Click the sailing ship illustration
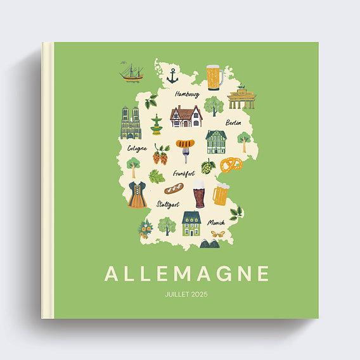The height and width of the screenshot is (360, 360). pos(131,72)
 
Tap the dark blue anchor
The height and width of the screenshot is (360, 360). pos(172,77)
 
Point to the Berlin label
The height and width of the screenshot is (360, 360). pos(233,122)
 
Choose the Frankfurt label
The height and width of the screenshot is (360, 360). pos(184,173)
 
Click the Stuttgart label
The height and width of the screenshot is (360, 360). pos(168,205)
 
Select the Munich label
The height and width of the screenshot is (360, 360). pos(217,222)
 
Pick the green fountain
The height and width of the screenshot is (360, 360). pos(156,125)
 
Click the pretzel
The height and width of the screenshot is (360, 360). pos(231,165)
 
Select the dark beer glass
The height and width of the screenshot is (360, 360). pos(199,193)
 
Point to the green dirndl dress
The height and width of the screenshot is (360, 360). pos(137,195)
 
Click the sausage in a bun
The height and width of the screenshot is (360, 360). pos(174,188)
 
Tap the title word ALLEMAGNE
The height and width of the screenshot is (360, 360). pos(187,274)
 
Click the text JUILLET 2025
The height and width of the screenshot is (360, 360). pos(186,295)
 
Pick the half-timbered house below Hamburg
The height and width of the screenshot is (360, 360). pos(186,117)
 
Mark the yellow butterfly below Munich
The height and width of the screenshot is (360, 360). pos(217,234)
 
